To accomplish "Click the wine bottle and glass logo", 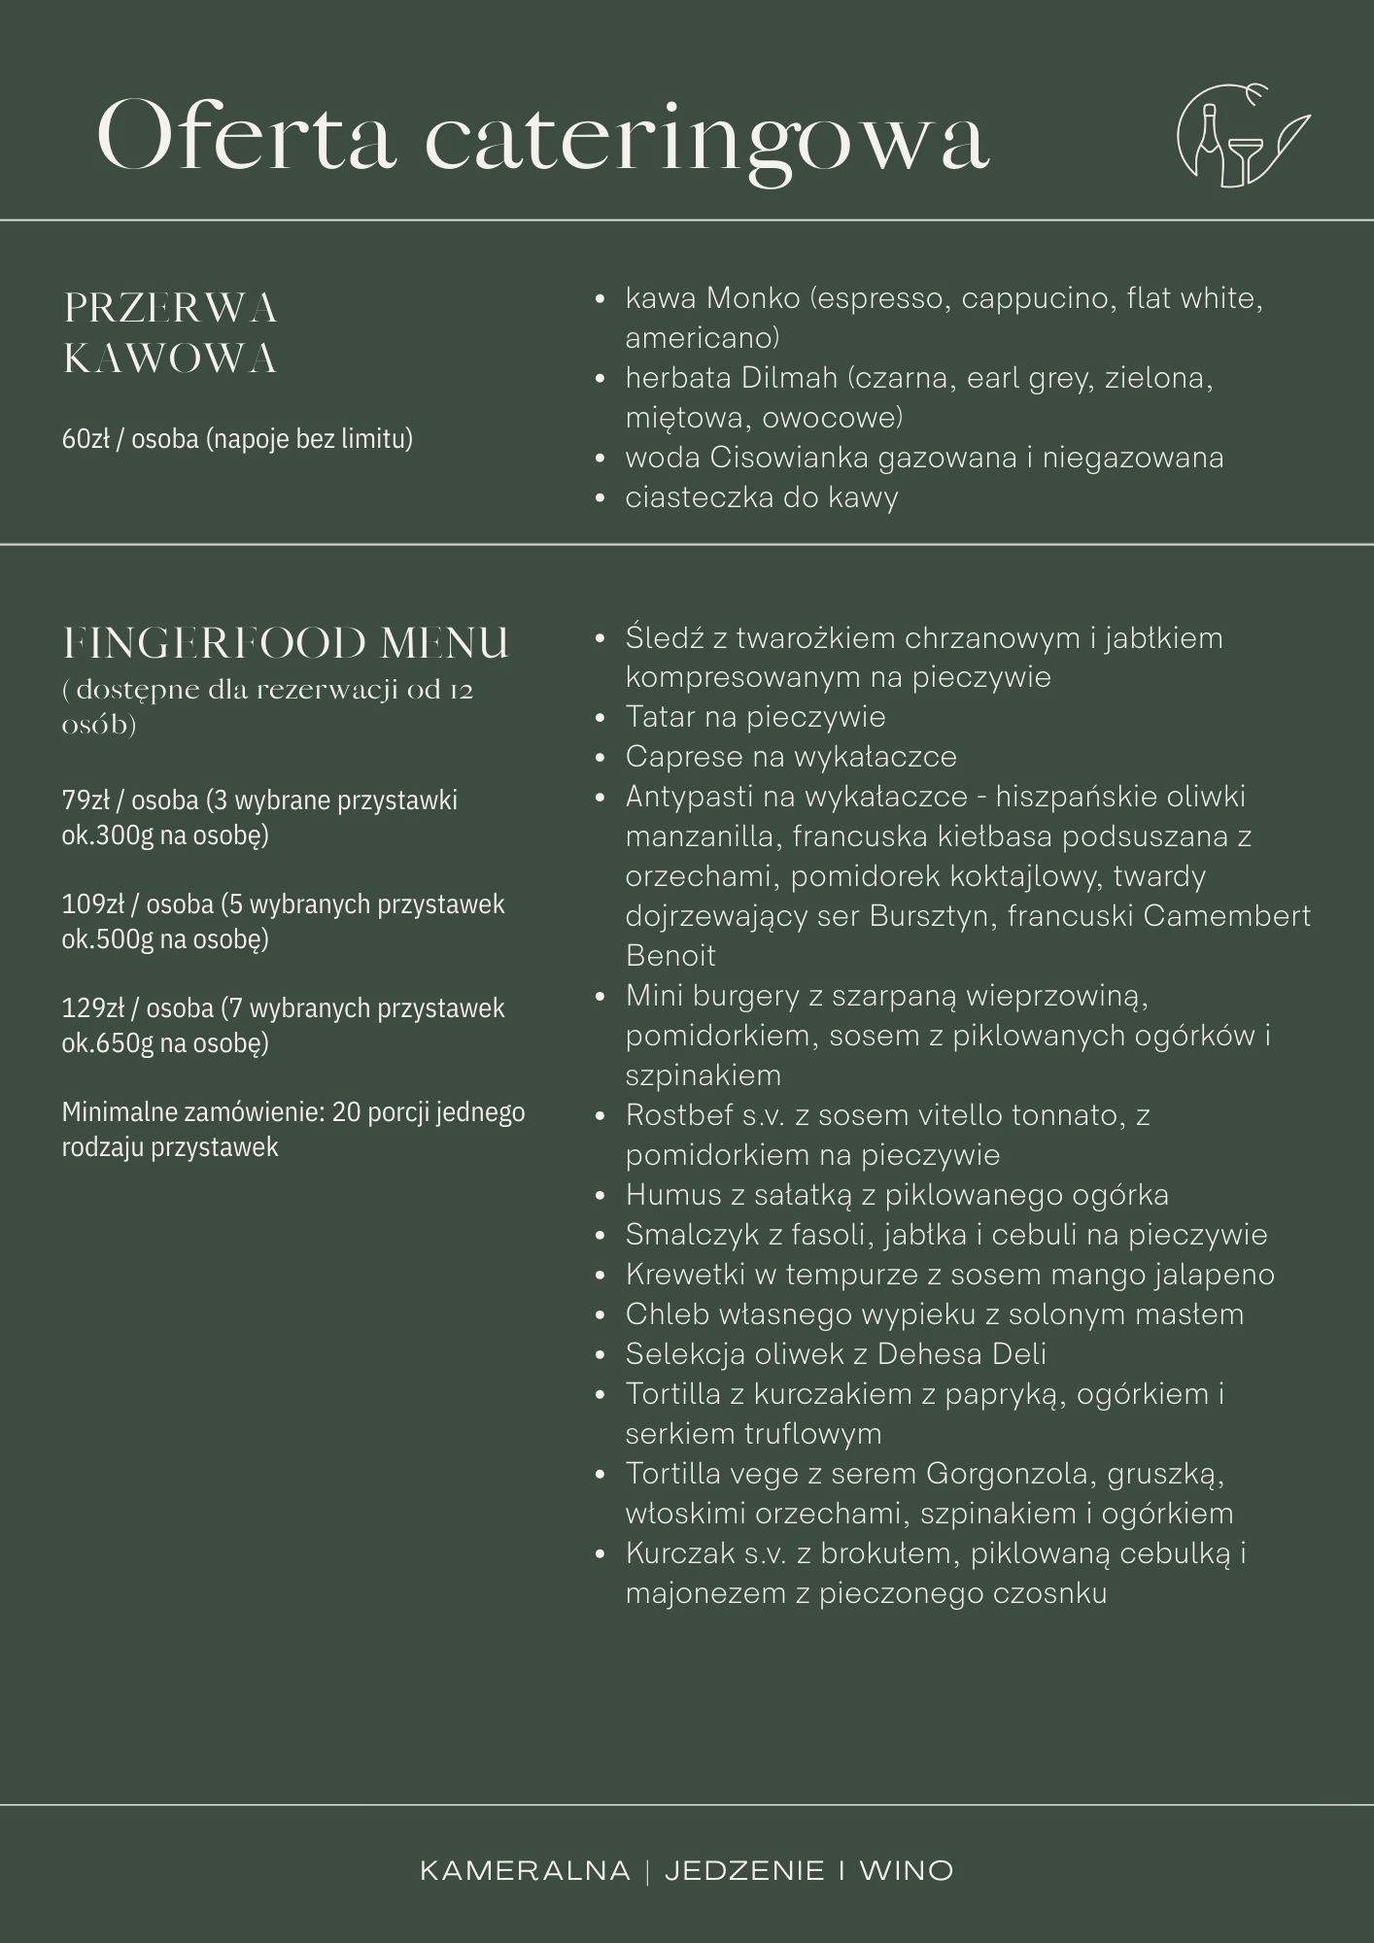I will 1241,136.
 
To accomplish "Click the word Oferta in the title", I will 247,137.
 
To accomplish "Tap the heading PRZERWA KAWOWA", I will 171,333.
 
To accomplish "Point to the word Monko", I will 753,298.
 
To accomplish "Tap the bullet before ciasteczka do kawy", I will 601,498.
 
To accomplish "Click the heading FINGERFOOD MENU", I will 286,643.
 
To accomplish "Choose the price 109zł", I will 89,904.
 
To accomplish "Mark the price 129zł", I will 89,1008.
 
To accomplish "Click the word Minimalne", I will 120,1112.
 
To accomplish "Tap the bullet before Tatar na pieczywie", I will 601,718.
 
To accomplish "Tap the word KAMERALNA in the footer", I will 525,1871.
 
